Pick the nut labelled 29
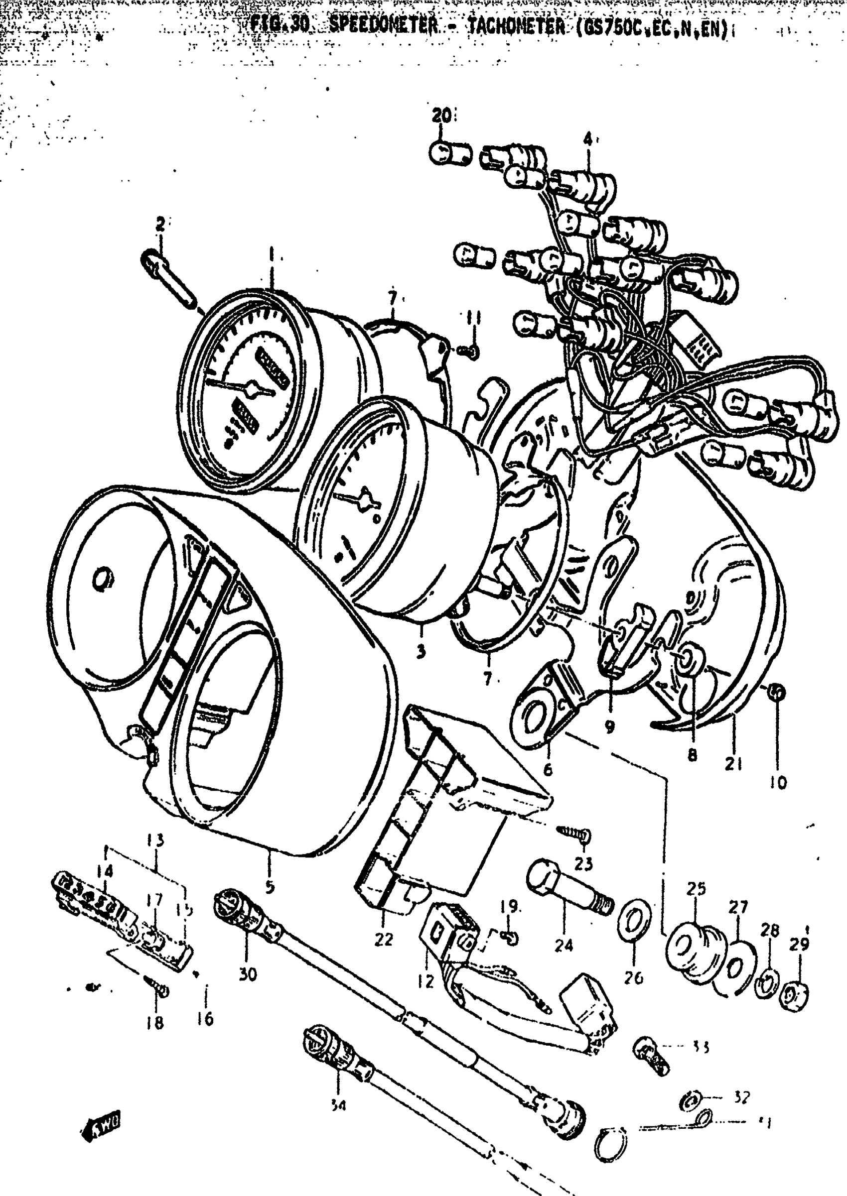point(795,994)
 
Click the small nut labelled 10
point(777,693)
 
